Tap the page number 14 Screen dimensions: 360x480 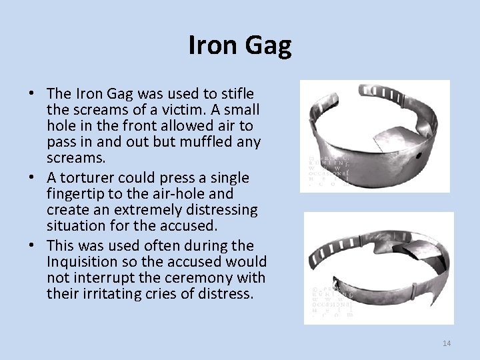447,343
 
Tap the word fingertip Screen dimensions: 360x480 80,195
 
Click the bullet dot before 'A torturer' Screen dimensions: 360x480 31,178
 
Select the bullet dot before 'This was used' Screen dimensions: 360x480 31,245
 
